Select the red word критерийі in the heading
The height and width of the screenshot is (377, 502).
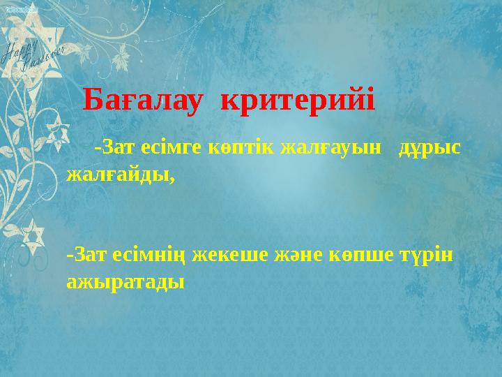[x=298, y=101]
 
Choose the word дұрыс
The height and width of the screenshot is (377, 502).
[x=428, y=148]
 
